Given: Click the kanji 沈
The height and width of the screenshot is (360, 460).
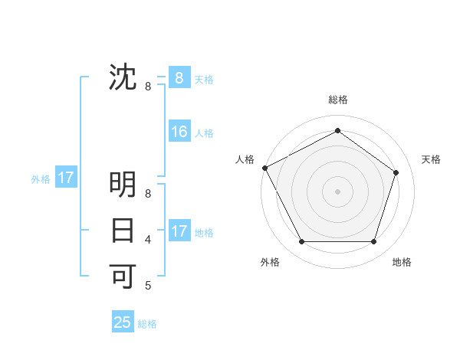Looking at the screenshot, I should [123, 77].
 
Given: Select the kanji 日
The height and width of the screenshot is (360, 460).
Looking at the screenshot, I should [123, 230].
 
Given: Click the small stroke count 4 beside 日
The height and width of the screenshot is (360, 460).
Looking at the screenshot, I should [148, 240].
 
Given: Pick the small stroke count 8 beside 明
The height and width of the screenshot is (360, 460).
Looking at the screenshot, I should [148, 195].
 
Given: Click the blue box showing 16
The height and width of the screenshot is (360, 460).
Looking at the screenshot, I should [179, 132].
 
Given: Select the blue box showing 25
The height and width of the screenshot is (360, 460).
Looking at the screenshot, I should [123, 322].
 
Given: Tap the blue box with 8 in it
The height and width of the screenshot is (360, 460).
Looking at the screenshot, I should [179, 77].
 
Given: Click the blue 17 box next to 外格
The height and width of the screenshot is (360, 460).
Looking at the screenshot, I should [66, 178].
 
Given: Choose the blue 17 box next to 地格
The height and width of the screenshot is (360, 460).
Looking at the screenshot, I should [179, 231].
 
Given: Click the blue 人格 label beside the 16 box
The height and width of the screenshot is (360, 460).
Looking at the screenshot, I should [204, 133].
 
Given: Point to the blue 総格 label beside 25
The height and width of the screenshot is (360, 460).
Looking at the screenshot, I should [147, 324].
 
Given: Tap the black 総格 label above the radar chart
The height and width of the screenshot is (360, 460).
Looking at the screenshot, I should [337, 100].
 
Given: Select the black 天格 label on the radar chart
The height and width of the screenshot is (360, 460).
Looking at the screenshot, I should [431, 159].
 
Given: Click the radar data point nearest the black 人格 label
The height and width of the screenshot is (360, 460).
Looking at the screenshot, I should [264, 168].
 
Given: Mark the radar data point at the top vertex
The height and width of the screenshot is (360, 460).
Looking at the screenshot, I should [337, 131].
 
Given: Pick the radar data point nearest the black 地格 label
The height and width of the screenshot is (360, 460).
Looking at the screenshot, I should [373, 242].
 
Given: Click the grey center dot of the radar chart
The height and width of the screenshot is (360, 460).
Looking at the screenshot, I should [337, 191].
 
